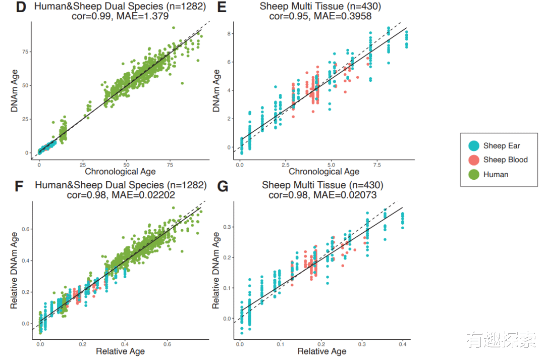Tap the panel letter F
20,187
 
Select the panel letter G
223,187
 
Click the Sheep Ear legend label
502,146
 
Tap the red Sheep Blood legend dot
474,160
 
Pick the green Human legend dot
474,175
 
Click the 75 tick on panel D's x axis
170,165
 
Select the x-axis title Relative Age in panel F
120,351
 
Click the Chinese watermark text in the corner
501,340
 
